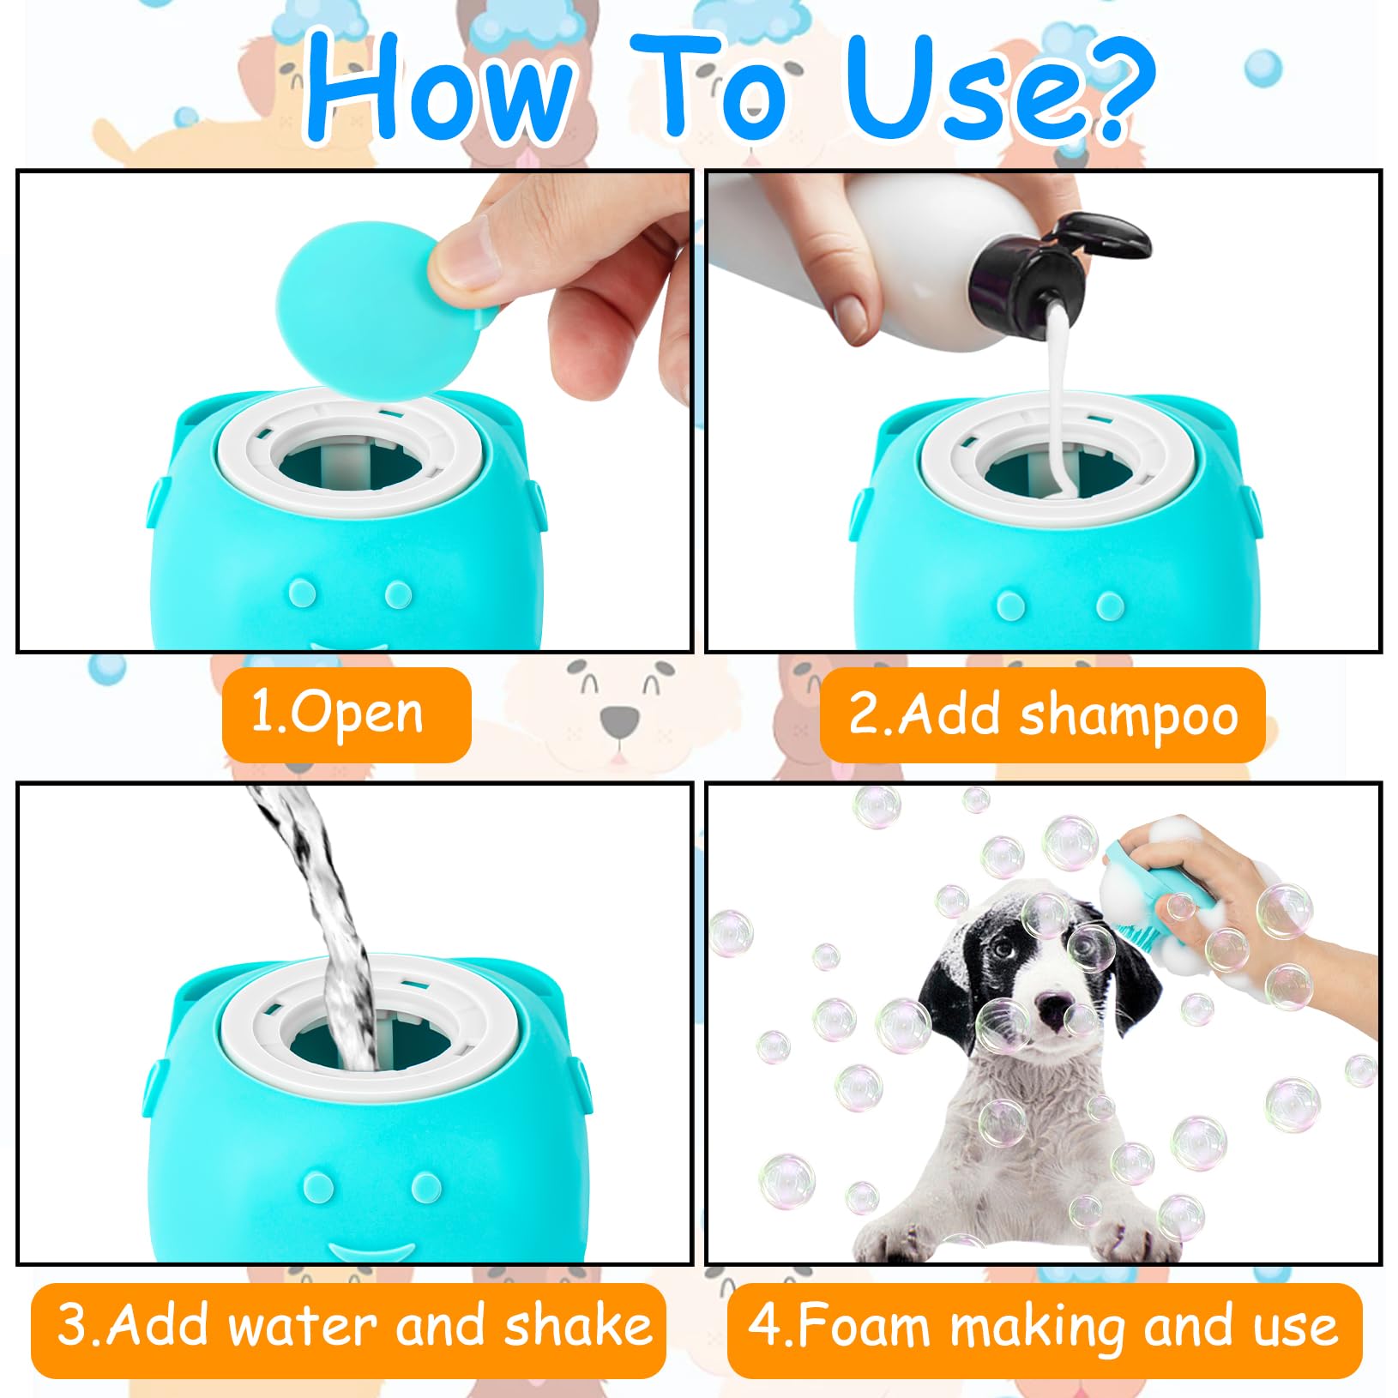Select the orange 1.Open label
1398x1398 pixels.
(x=346, y=714)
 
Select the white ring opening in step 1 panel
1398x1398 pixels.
(x=352, y=455)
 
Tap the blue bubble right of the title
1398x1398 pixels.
(x=1262, y=69)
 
